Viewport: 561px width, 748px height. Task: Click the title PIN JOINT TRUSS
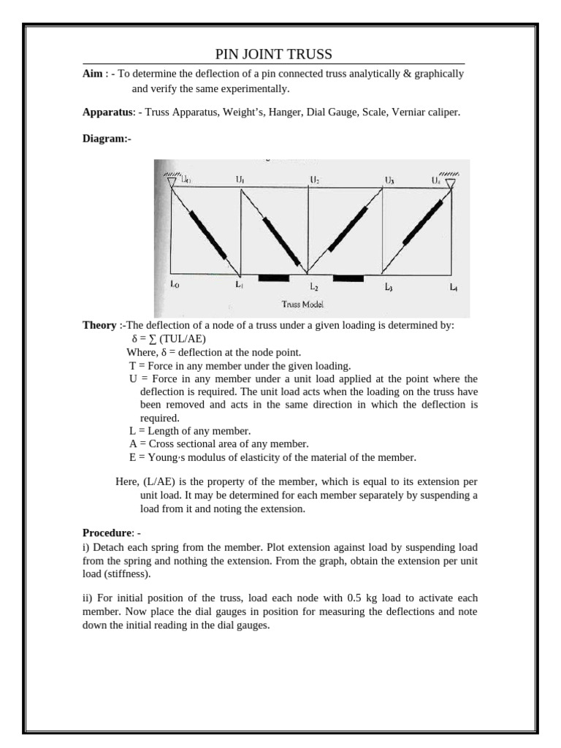pyautogui.click(x=273, y=55)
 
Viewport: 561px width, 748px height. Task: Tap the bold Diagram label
pyautogui.click(x=107, y=139)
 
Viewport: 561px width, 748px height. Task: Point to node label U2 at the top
pyautogui.click(x=314, y=179)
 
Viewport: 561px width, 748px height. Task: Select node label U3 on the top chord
pyautogui.click(x=389, y=180)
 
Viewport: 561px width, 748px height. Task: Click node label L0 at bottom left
pyautogui.click(x=175, y=286)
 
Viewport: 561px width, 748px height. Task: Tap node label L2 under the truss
pyautogui.click(x=313, y=287)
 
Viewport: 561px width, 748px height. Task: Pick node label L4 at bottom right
pyautogui.click(x=454, y=287)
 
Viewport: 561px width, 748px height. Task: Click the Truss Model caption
pyautogui.click(x=302, y=304)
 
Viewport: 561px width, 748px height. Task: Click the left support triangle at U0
pyautogui.click(x=171, y=182)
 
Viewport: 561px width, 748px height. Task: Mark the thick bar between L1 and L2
pyautogui.click(x=273, y=278)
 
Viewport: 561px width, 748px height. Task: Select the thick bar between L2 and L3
pyautogui.click(x=348, y=278)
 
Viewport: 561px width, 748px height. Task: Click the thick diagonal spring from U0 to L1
pyautogui.click(x=207, y=234)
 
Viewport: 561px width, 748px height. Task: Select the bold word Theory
pyautogui.click(x=99, y=326)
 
